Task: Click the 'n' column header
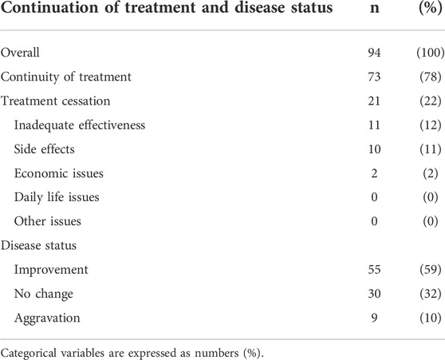[x=375, y=9]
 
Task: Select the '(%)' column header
[x=430, y=8]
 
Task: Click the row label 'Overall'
[x=20, y=53]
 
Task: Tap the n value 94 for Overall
[x=374, y=53]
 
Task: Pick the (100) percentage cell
[x=430, y=53]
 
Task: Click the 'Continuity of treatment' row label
[x=66, y=77]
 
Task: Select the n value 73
[x=374, y=77]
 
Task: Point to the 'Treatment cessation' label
[x=55, y=101]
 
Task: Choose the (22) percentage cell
[x=431, y=101]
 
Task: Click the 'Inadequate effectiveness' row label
[x=80, y=125]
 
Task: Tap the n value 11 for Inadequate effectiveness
[x=374, y=125]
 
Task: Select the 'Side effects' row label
[x=45, y=149]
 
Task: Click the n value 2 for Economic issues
[x=374, y=173]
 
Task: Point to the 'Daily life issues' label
[x=57, y=197]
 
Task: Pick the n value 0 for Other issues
[x=374, y=221]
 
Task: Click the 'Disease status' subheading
[x=38, y=246]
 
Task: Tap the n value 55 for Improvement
[x=374, y=270]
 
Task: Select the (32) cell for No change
[x=431, y=294]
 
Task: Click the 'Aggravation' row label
[x=47, y=318]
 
